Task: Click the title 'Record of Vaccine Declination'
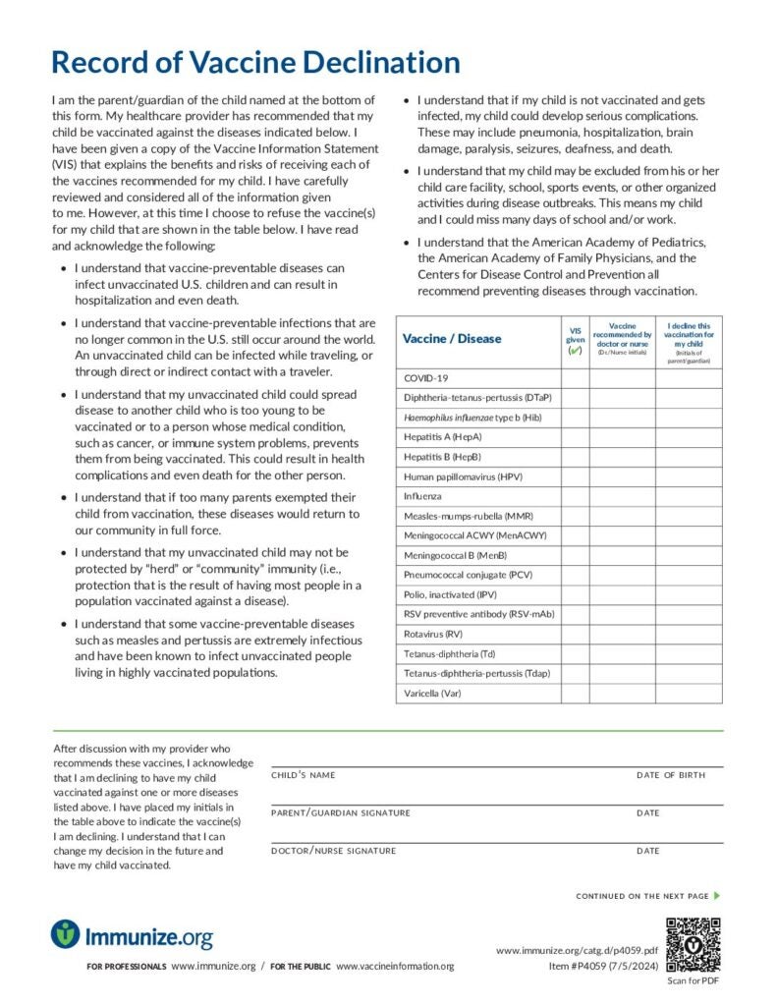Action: pos(255,63)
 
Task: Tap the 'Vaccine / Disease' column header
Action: pos(452,339)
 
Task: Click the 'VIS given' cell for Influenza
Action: pos(575,496)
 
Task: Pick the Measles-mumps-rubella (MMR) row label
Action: pos(469,516)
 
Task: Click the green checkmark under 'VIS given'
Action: pos(575,351)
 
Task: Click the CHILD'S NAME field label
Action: pos(303,775)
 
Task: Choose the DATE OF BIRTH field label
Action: pos(670,775)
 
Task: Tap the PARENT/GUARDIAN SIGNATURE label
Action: pos(340,813)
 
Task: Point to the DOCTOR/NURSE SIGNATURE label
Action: pos(333,851)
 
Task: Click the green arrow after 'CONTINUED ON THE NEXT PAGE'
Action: pos(718,896)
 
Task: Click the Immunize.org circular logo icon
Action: pos(66,934)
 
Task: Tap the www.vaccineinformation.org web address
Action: pos(395,967)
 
